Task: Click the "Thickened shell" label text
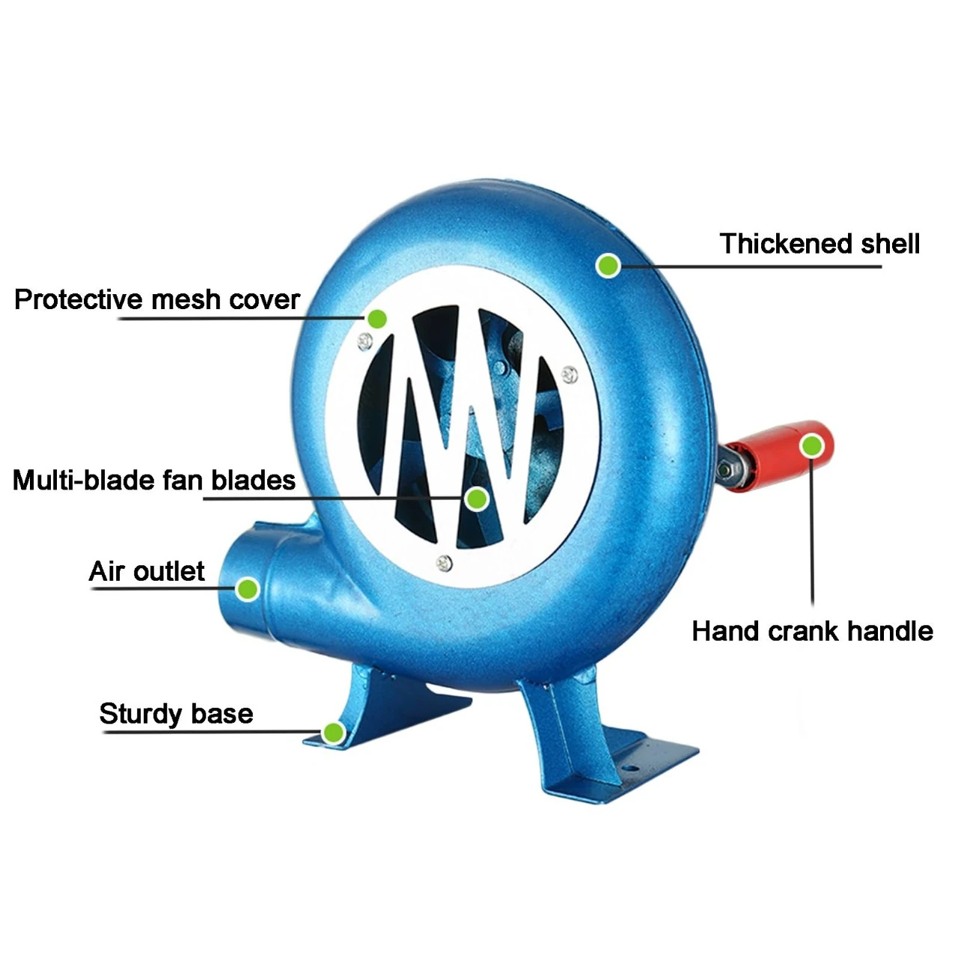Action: (x=820, y=243)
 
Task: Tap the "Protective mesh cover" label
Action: (x=157, y=299)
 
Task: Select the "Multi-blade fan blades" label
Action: (x=154, y=480)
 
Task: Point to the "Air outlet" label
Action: (x=147, y=571)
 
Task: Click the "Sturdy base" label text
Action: (x=176, y=714)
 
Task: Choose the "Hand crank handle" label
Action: (x=812, y=632)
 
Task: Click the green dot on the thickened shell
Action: (x=608, y=266)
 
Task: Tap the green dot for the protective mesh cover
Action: (x=376, y=318)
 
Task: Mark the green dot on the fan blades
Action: (x=477, y=498)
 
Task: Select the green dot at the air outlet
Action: (x=248, y=589)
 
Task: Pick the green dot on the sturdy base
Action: (x=334, y=732)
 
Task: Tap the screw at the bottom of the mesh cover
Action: (x=444, y=564)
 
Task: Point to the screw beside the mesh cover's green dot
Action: (x=365, y=341)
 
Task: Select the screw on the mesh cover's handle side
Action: (x=570, y=374)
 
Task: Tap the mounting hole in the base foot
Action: (x=630, y=768)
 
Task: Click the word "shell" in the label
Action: (x=890, y=243)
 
